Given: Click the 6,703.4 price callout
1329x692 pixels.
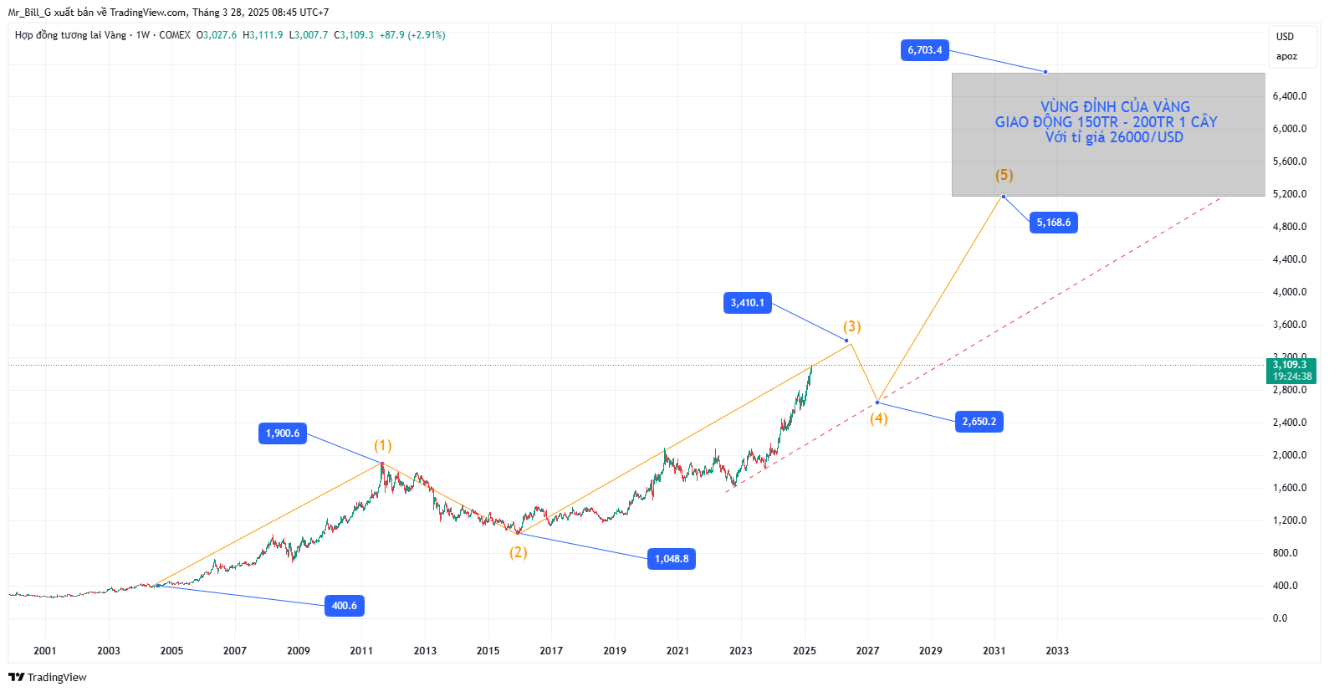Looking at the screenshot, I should (x=925, y=50).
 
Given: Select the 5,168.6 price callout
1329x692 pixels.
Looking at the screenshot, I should (x=1053, y=223).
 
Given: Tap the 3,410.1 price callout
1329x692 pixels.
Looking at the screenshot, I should (x=747, y=303).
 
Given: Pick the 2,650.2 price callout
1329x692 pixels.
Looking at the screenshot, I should (x=979, y=422).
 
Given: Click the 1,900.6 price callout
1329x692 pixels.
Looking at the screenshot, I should (x=282, y=433).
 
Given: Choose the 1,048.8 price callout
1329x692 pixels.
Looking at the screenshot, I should (x=672, y=559).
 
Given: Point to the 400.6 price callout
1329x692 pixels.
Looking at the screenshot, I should (x=344, y=606).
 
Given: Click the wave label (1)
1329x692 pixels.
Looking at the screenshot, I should (x=383, y=445).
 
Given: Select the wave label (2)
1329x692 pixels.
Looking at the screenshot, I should (x=519, y=552).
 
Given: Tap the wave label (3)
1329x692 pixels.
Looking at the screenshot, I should (x=851, y=326).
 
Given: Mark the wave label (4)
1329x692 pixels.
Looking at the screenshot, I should (x=878, y=418).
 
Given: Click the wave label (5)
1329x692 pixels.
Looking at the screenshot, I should (x=1004, y=175).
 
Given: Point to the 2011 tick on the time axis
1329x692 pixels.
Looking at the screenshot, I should (x=361, y=651).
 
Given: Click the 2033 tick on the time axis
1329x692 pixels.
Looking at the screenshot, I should (x=1057, y=651).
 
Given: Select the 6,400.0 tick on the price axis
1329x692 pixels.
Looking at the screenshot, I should (x=1290, y=96).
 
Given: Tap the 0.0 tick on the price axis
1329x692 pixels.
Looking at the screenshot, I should (x=1280, y=618).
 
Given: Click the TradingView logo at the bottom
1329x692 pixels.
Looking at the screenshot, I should (x=48, y=677).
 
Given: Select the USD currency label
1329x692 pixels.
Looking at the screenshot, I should (x=1285, y=37).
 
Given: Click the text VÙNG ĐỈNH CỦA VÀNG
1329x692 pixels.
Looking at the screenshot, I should (x=1115, y=107).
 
